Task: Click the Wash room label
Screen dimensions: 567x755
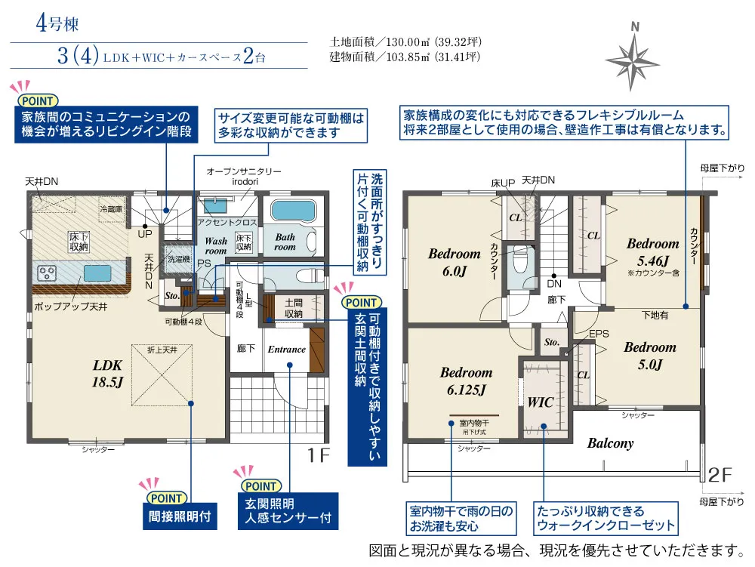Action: [216, 246]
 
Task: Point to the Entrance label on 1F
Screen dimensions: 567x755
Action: [287, 349]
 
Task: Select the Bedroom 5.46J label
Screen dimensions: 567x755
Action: [653, 251]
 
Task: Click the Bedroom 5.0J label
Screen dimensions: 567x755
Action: [649, 356]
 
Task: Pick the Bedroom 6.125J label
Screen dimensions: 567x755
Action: [466, 381]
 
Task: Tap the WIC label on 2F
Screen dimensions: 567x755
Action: [541, 402]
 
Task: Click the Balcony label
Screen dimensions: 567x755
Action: [610, 443]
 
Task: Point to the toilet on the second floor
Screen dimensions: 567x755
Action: [519, 262]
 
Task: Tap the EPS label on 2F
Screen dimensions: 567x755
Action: [599, 334]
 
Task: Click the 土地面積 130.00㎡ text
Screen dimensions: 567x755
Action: [406, 41]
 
